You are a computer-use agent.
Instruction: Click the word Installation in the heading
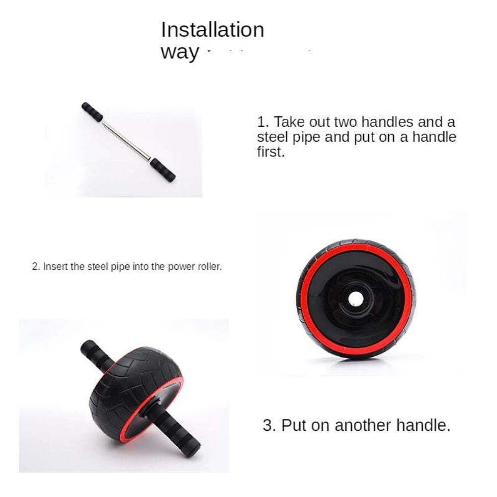tap(212, 30)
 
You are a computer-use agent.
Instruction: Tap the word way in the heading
tap(180, 52)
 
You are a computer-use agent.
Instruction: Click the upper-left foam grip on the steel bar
tap(92, 111)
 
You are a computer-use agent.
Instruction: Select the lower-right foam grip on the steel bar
tap(163, 169)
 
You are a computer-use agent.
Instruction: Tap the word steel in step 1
tap(272, 137)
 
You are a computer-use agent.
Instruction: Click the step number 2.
tap(35, 266)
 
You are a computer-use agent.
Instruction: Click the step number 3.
tap(269, 425)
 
